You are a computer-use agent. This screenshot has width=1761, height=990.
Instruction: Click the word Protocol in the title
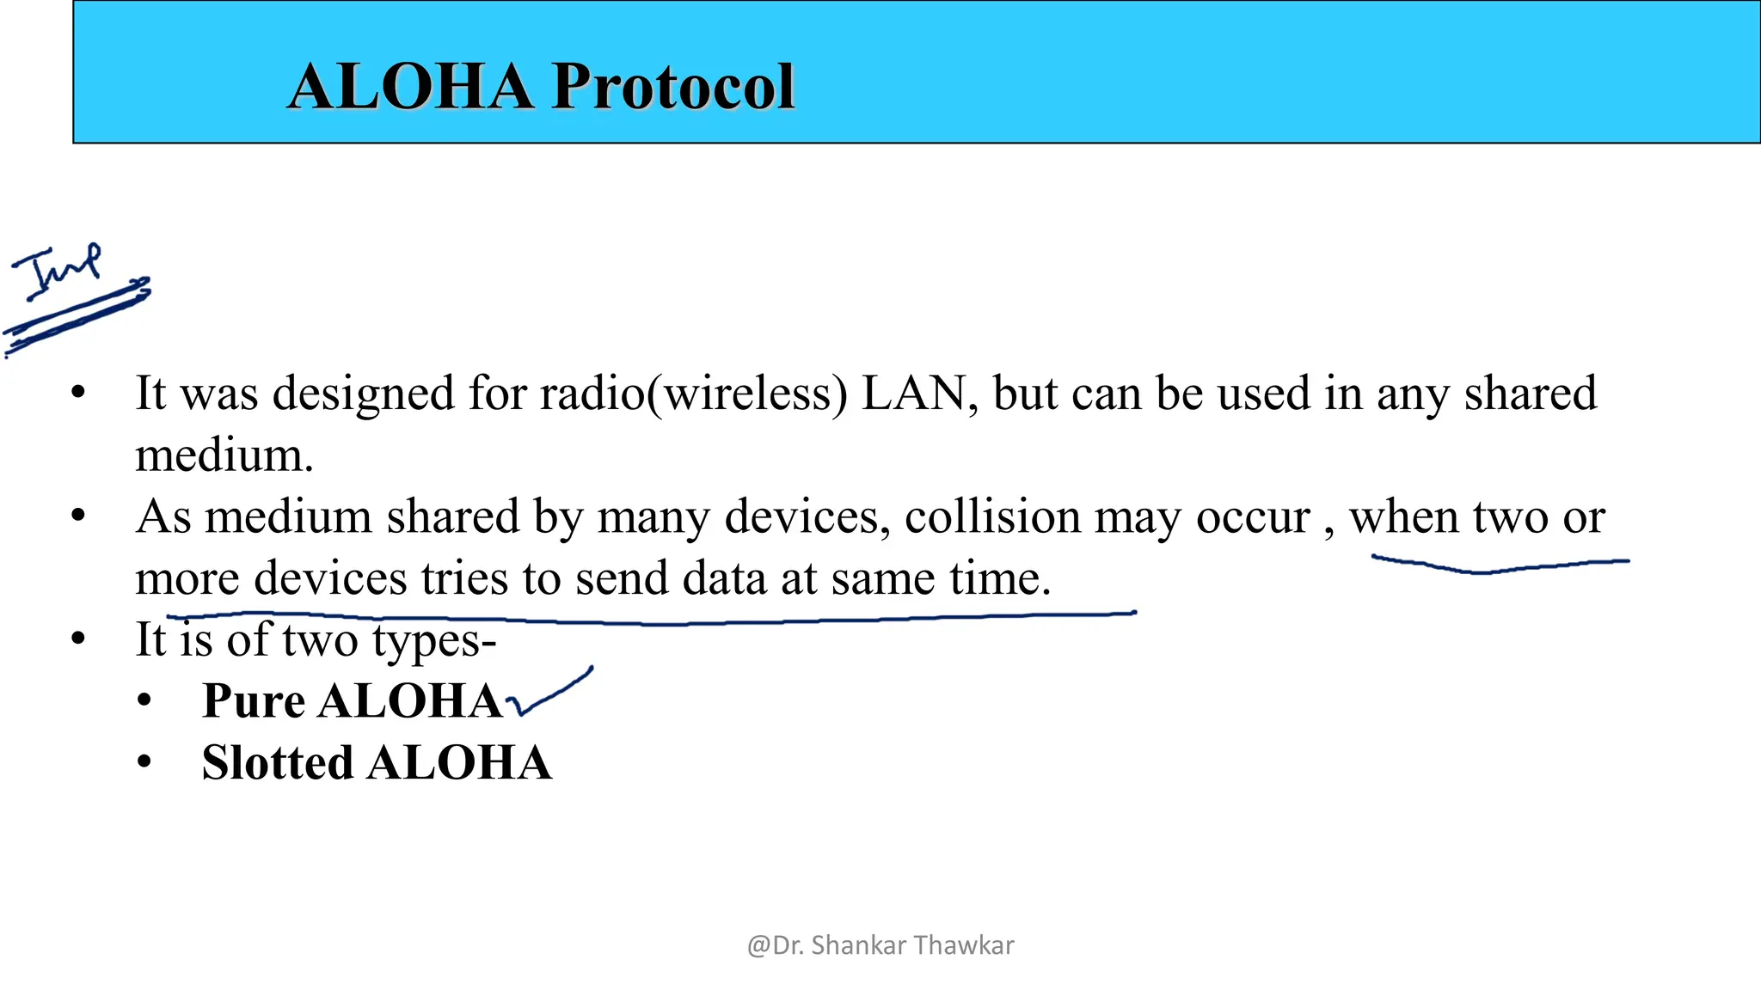[x=673, y=87]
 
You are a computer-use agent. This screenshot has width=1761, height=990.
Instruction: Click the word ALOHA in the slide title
[x=411, y=87]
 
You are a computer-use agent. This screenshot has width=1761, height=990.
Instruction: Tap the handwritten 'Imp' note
[x=58, y=271]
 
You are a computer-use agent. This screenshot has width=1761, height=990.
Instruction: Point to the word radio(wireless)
[x=693, y=394]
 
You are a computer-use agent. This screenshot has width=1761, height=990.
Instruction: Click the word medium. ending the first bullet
[x=224, y=455]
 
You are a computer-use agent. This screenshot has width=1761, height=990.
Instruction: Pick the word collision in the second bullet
[x=991, y=517]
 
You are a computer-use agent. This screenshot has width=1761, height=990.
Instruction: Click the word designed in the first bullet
[x=364, y=394]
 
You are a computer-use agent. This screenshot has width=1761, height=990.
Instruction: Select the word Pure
[x=254, y=701]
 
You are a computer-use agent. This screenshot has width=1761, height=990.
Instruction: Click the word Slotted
[x=278, y=763]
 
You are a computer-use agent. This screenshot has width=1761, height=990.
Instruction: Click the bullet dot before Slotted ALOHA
[x=144, y=761]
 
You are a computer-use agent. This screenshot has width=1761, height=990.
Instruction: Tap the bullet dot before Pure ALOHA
[x=144, y=700]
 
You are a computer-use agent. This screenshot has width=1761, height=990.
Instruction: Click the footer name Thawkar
[x=964, y=945]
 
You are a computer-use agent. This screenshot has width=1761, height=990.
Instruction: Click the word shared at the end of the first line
[x=1531, y=394]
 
